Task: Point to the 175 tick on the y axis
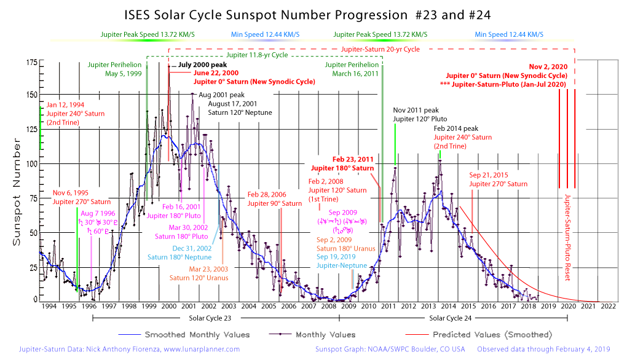coord(30,62)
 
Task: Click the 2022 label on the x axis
coord(609,305)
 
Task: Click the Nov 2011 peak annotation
coord(416,110)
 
